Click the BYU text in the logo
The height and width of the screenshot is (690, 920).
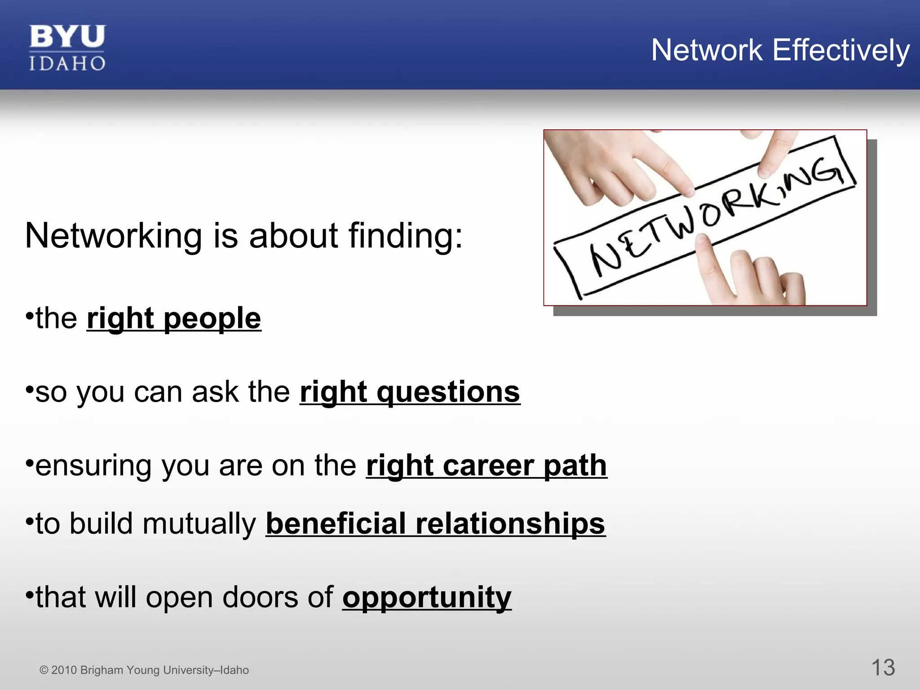coord(67,37)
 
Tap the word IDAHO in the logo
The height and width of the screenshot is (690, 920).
coord(67,63)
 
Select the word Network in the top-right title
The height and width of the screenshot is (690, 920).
coord(707,50)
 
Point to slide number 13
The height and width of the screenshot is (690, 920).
coord(883,668)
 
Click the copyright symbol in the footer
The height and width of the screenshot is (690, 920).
coord(44,670)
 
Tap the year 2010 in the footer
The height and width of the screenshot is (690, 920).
coord(64,670)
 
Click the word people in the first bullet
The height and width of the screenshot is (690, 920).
coord(212,319)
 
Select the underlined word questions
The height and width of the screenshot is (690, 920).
coord(448,392)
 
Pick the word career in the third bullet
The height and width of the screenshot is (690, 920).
coord(488,465)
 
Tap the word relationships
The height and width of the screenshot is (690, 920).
coord(510,524)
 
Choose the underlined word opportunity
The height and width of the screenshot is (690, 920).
coord(427,597)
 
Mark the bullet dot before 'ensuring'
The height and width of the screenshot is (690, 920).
coord(29,463)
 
